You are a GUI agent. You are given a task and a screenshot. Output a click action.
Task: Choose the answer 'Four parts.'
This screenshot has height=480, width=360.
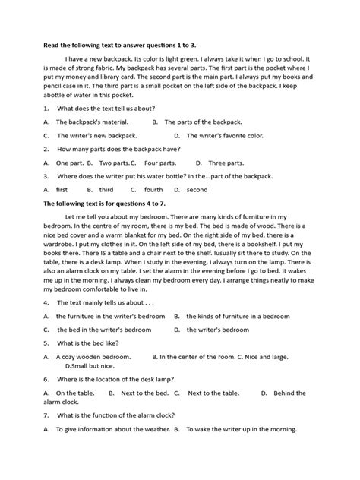[x=160, y=163]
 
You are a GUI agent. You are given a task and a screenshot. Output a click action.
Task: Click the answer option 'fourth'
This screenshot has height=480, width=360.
[x=153, y=190]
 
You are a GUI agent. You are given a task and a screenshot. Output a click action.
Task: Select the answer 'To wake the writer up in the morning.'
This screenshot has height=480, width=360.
[x=240, y=429]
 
